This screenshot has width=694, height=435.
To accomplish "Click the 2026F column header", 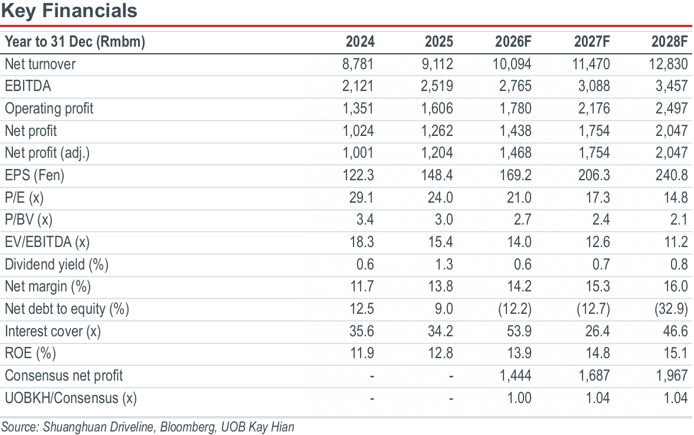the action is [513, 42].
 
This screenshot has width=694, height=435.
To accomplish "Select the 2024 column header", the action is [360, 42].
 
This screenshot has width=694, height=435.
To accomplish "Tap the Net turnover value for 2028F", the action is [668, 64].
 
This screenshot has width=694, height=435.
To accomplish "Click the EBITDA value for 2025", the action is [437, 86].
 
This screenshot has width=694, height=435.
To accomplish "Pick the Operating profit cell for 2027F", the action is [594, 109].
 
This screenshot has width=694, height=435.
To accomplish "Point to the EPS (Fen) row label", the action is [34, 176].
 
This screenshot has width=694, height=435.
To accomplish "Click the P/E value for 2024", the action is [361, 198].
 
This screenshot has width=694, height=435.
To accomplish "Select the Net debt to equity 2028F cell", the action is [672, 309].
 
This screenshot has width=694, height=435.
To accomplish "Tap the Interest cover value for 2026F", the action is [519, 331].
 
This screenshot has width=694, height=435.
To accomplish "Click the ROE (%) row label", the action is [31, 353].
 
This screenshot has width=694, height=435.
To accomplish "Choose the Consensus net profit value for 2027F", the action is [594, 375].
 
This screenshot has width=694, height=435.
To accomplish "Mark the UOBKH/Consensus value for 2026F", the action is [519, 398].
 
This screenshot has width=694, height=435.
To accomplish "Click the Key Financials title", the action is [70, 11].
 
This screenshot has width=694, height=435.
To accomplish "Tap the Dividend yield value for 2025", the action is [444, 265].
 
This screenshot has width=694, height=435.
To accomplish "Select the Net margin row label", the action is [48, 287].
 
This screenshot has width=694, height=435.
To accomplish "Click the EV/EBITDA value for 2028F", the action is [676, 242].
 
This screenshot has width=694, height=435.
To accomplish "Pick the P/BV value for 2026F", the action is [523, 220].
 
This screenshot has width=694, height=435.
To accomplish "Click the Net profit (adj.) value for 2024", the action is [358, 153].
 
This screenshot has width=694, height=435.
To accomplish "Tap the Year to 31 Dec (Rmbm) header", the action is [75, 42].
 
